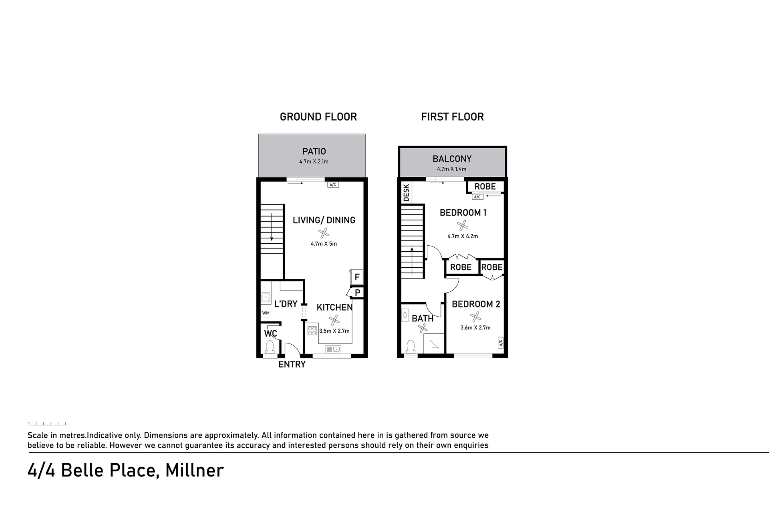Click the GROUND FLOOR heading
(x=318, y=117)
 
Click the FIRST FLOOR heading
(x=453, y=117)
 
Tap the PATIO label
(x=314, y=151)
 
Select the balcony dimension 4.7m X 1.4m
(x=451, y=169)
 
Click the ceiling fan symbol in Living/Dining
(x=324, y=233)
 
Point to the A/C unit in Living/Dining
(x=333, y=185)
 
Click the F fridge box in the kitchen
(x=356, y=277)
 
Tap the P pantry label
(x=357, y=293)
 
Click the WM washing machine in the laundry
(x=266, y=313)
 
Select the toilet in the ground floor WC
(x=270, y=347)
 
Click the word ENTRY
(x=292, y=364)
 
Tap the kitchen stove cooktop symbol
(x=312, y=331)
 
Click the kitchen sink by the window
(x=333, y=349)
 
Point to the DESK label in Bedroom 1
(x=407, y=192)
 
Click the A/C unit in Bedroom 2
(x=501, y=343)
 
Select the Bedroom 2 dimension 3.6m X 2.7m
(x=475, y=327)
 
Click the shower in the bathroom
(x=434, y=343)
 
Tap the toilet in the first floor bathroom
(x=411, y=347)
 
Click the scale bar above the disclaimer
(x=47, y=423)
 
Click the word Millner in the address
(x=194, y=470)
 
